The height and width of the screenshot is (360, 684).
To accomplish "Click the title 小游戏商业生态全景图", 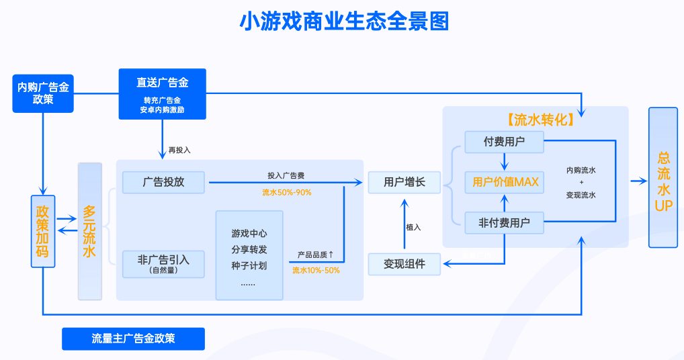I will [344, 21].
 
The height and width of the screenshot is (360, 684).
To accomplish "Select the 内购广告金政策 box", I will [43, 93].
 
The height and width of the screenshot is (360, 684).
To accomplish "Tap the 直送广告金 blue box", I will [162, 93].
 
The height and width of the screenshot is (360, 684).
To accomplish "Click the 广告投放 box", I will [163, 182].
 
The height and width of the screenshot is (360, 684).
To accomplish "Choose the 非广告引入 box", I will [163, 263].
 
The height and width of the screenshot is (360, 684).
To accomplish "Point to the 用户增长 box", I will [404, 182].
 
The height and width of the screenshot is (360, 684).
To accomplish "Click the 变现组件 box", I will [404, 264].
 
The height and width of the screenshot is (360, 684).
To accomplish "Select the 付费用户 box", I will [504, 142].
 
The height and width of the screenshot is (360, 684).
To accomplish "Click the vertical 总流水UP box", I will [663, 177].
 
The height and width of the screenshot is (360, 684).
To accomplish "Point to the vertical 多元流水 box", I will [89, 231].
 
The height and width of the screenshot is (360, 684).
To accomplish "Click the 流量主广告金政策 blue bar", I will [133, 339].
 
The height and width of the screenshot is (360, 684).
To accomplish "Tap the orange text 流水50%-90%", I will [286, 192].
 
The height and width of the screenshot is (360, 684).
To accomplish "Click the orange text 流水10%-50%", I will [315, 271].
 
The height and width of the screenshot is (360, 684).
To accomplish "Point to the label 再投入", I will [179, 150].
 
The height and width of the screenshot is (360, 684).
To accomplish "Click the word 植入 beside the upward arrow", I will [413, 227].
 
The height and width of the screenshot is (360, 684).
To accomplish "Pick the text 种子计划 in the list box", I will [249, 265].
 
